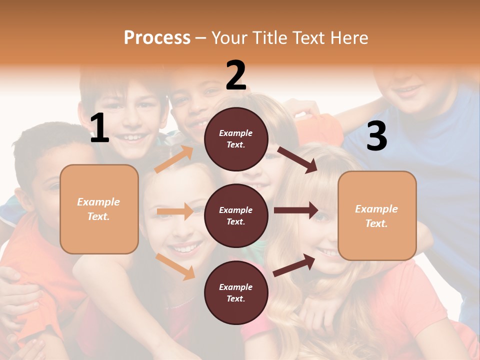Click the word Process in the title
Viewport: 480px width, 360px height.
pos(157,37)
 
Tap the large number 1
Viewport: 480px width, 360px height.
pos(99,128)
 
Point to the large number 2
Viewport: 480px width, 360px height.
pos(236,75)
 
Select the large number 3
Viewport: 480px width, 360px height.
pos(376,136)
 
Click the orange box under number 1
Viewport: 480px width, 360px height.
pos(99,209)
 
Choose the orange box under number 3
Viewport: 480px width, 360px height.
pos(377,215)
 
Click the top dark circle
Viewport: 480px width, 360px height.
pos(236,139)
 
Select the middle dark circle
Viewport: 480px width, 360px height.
pos(236,215)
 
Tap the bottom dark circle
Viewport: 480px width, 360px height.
pos(236,292)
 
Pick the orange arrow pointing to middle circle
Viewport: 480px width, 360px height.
pos(175,211)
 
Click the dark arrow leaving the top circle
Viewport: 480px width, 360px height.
pos(297,159)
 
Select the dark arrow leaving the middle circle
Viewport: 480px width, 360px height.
pos(296,210)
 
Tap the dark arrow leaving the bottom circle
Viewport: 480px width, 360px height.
pos(294,265)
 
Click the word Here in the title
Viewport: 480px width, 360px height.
pos(350,37)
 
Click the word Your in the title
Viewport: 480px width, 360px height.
pos(230,37)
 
